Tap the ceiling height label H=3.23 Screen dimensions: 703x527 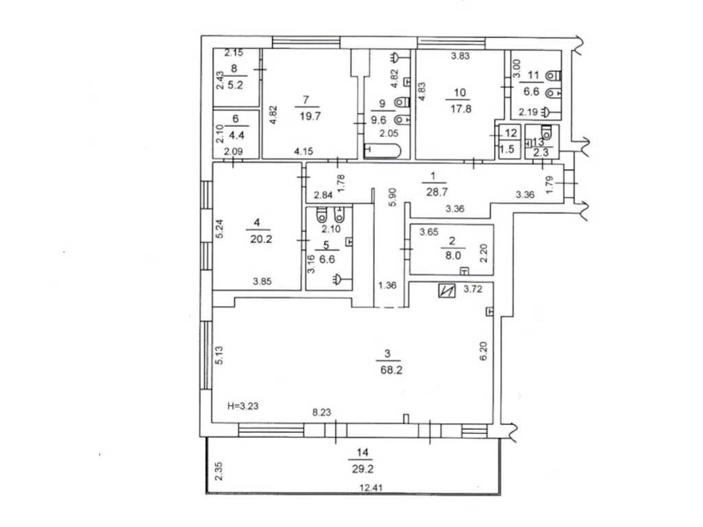243,406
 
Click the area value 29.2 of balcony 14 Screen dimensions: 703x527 362,469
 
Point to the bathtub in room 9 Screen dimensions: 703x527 382,150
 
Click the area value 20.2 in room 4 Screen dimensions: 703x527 261,239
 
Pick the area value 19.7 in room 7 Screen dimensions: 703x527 310,116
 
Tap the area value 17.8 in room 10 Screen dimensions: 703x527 461,109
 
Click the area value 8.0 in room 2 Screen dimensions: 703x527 452,256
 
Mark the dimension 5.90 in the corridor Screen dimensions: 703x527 393,196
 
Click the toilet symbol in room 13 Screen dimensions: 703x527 546,132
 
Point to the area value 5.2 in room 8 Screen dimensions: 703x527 235,84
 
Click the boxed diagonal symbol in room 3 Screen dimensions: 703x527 447,291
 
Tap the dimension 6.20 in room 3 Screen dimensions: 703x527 483,351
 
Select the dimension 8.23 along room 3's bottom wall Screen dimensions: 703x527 321,412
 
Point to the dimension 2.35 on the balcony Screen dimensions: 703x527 218,471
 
